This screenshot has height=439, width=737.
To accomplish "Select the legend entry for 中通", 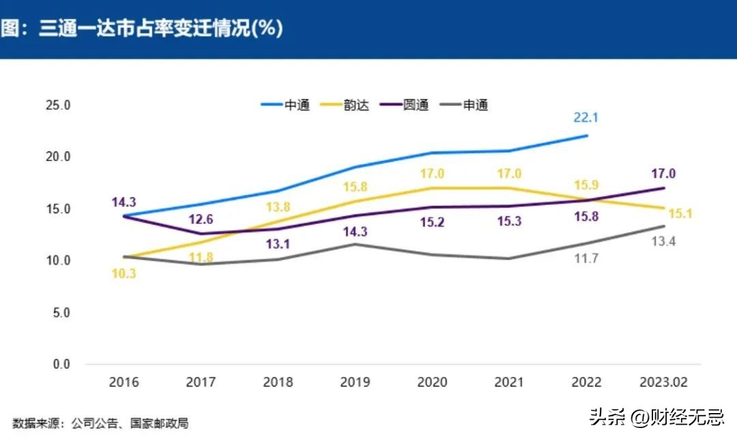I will tap(286, 105).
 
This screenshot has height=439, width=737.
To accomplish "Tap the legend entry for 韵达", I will tap(345, 105).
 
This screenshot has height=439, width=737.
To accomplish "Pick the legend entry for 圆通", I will tap(405, 105).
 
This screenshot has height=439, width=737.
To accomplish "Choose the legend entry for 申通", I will tap(465, 105).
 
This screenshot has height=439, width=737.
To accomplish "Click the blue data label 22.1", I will tap(586, 117).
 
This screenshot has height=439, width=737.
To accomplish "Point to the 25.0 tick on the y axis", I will tap(59, 105).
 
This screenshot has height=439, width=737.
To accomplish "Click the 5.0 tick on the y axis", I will tap(61, 313).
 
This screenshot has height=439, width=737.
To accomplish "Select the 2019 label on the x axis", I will tap(354, 382).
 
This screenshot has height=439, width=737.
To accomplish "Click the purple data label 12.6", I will tap(200, 219).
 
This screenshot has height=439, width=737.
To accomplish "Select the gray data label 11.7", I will tap(586, 259).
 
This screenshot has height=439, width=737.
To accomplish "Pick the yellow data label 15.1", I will tap(680, 214).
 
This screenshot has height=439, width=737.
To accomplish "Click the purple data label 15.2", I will tap(432, 222).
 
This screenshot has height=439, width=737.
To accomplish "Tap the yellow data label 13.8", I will tap(278, 206).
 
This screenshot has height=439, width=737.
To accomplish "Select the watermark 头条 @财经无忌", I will tap(659, 416).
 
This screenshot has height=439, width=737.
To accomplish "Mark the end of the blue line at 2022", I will tap(587, 135).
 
